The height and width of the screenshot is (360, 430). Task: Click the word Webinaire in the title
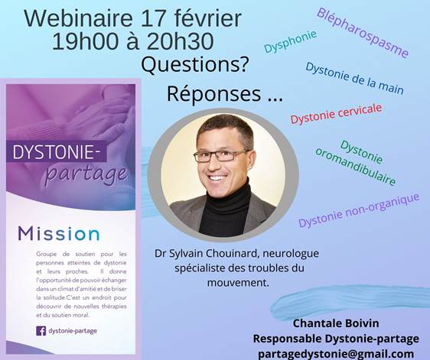[x=79, y=18]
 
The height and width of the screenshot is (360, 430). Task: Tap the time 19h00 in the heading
[x=85, y=41]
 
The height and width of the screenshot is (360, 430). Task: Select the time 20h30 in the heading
[x=180, y=41]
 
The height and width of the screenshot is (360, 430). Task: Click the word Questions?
[x=195, y=65]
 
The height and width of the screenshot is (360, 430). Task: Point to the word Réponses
[x=214, y=94]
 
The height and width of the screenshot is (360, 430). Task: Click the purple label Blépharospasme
[x=363, y=32]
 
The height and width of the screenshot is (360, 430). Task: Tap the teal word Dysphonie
[x=290, y=41]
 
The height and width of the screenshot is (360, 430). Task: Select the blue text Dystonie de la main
[x=354, y=79]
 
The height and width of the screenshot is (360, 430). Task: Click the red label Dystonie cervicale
[x=336, y=113]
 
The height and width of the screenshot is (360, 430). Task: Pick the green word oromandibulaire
[x=356, y=167]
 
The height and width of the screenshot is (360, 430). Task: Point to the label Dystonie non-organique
[x=359, y=210]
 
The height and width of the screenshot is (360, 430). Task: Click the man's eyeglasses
[x=221, y=156]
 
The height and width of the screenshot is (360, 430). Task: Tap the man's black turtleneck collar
[x=226, y=196]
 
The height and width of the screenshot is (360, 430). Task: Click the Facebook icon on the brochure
[x=41, y=331]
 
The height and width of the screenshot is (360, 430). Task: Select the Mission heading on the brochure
[x=59, y=234]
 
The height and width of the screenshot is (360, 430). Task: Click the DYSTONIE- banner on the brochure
[x=56, y=151]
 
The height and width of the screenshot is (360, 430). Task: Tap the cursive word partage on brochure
[x=86, y=175]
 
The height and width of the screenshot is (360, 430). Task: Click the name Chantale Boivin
[x=336, y=323]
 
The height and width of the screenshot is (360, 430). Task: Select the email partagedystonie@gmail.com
[x=336, y=354]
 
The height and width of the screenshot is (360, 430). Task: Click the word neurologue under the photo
[x=291, y=254]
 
